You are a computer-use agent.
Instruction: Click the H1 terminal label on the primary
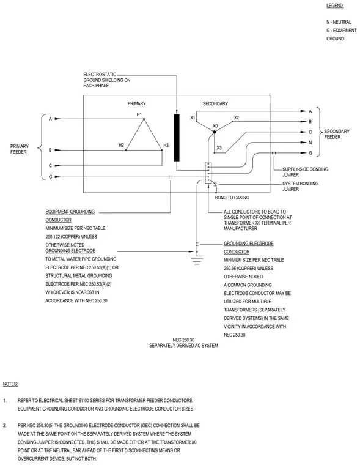click(x=139, y=114)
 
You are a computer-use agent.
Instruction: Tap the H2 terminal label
click(x=121, y=145)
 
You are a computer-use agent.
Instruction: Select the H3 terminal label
click(x=166, y=146)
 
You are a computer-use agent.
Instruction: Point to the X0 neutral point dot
click(x=215, y=132)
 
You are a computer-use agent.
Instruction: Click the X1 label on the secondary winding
click(x=193, y=117)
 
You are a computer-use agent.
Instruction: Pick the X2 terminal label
click(x=237, y=117)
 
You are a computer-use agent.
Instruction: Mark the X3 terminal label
click(x=219, y=147)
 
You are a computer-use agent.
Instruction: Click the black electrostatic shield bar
click(x=177, y=138)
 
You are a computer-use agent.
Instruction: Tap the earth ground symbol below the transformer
click(x=197, y=258)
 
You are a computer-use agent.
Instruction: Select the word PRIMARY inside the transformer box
click(x=136, y=103)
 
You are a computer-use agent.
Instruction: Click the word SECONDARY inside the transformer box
click(x=215, y=103)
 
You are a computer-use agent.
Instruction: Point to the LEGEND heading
click(x=335, y=6)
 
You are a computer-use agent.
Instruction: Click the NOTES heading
click(x=10, y=384)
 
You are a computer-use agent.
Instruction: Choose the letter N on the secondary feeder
click(x=310, y=143)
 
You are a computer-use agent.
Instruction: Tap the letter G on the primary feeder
click(x=50, y=177)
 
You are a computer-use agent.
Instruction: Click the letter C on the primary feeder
click(x=50, y=165)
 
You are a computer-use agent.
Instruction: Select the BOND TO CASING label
click(x=232, y=198)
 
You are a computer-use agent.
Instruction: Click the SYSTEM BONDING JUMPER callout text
click(x=301, y=186)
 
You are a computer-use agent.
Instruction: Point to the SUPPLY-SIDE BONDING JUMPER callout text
click(x=305, y=172)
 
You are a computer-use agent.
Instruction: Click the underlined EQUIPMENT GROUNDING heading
click(x=70, y=212)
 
